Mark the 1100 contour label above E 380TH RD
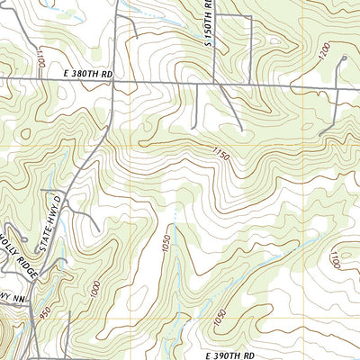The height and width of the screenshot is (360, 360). [41, 59]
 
